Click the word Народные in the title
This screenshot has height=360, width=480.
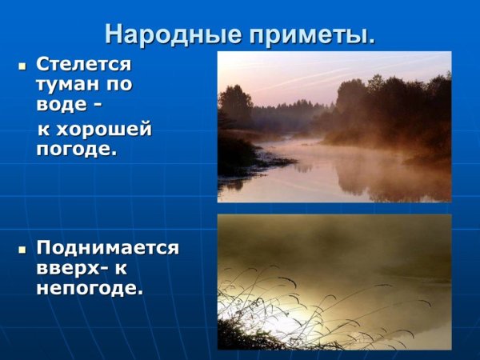pyautogui.click(x=158, y=34)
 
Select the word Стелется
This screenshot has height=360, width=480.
pyautogui.click(x=83, y=63)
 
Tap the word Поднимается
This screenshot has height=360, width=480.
pyautogui.click(x=107, y=247)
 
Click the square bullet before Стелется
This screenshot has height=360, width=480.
pyautogui.click(x=22, y=64)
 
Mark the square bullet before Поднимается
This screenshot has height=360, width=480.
pyautogui.click(x=22, y=248)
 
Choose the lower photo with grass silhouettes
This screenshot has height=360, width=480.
pyautogui.click(x=334, y=281)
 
